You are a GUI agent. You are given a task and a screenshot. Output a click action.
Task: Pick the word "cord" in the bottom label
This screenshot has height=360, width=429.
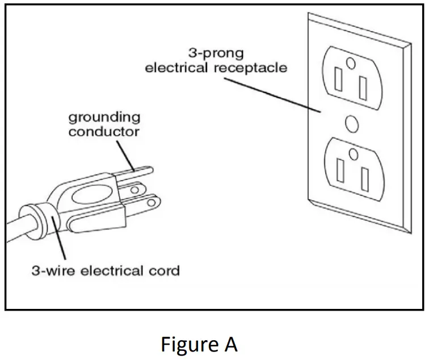pos(164,270)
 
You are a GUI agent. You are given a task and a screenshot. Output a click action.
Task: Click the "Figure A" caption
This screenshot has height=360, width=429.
pos(199,344)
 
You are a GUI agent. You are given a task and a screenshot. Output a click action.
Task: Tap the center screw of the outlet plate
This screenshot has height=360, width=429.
pos(352,123)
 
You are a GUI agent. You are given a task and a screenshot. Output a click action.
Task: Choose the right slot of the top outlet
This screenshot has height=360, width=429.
pos(363,86)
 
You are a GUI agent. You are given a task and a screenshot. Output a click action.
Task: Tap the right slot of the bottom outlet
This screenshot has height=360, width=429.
pos(363,176)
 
